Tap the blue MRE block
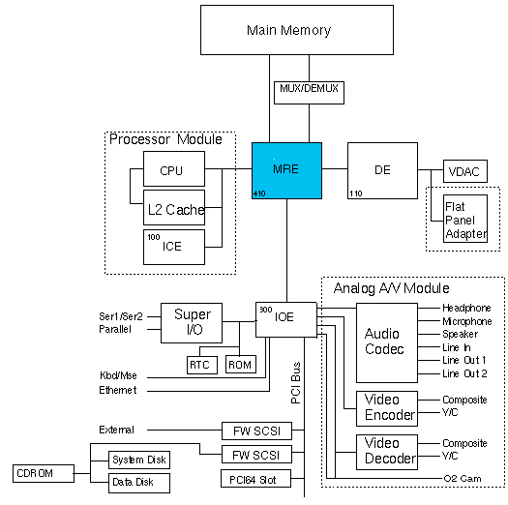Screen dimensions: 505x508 [286, 171]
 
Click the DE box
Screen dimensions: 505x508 [381, 171]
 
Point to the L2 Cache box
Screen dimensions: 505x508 [174, 209]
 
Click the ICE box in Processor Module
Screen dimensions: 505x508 [174, 247]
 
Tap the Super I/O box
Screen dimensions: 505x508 [191, 320]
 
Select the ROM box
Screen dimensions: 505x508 [239, 365]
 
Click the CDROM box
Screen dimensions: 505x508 [38, 473]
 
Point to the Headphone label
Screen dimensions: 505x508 [466, 308]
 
